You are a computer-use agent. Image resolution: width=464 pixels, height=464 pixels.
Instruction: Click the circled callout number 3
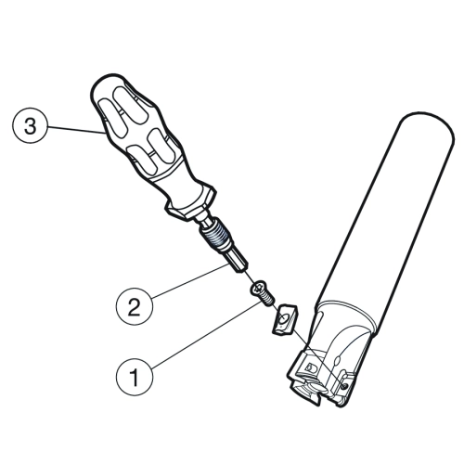tap(30, 126)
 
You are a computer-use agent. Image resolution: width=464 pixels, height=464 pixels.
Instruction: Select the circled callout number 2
tap(135, 307)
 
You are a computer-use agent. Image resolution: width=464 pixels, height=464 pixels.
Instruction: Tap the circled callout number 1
tap(135, 378)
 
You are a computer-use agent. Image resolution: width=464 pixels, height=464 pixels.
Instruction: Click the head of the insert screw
tap(258, 288)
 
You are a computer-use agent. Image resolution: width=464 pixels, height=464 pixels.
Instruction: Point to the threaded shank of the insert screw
tap(268, 299)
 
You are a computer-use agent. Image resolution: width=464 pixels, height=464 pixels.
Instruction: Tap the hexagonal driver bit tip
tap(238, 263)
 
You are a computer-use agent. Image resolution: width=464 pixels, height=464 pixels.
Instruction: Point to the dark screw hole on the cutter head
tap(345, 385)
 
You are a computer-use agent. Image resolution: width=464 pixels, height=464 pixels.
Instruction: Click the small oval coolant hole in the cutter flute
tap(337, 360)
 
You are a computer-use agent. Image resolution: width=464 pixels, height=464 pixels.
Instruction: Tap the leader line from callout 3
tap(76, 129)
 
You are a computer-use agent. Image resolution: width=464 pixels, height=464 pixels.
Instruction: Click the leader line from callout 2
tap(191, 280)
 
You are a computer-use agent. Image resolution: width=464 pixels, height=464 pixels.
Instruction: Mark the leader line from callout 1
tap(206, 335)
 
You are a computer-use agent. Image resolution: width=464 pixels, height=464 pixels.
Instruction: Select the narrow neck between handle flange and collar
tap(201, 222)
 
